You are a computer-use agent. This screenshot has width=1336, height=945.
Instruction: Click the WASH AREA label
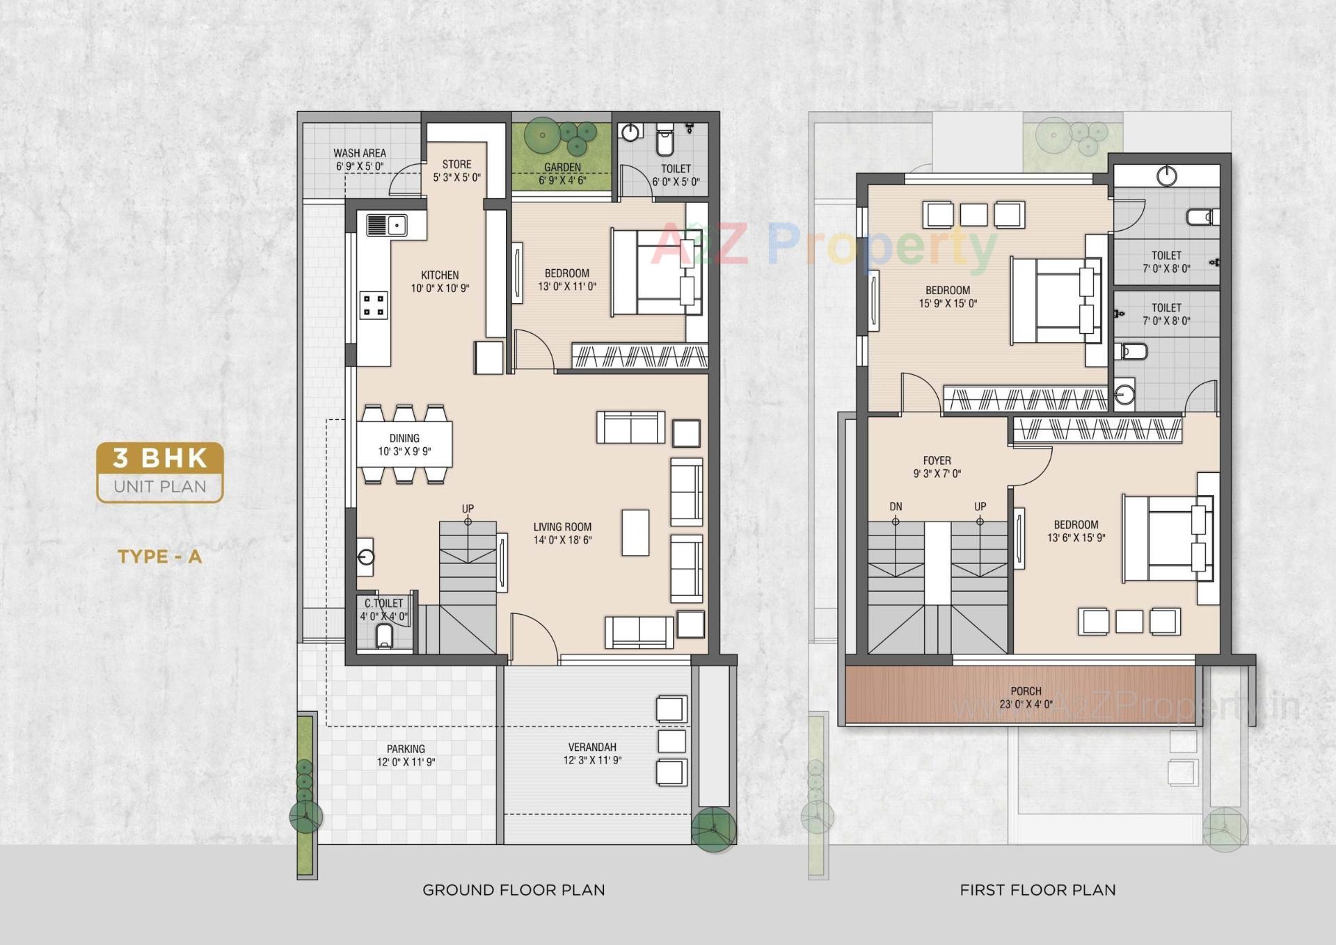359,153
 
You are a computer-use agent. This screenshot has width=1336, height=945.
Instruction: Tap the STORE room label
456,165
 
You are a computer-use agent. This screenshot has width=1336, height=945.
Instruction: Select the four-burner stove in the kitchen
374,306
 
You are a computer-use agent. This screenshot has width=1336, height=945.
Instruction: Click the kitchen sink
387,225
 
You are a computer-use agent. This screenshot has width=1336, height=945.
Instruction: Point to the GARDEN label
562,168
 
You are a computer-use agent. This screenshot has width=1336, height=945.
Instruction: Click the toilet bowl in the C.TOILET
384,636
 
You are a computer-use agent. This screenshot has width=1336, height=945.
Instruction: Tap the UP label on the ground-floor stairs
468,509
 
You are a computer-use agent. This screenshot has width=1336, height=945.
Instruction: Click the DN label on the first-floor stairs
896,507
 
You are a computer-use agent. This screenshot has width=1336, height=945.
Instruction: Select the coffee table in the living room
635,533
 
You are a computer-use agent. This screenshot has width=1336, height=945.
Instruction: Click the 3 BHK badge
160,458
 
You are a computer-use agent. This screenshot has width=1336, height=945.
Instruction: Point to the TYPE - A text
159,556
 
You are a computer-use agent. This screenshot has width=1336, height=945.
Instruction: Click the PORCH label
1026,691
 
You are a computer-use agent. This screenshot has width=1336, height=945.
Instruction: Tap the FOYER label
937,461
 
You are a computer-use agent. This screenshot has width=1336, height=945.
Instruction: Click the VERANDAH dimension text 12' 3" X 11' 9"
592,761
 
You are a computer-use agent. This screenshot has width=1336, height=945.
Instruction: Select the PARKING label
406,749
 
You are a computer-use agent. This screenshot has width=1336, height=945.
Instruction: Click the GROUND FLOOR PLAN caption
514,890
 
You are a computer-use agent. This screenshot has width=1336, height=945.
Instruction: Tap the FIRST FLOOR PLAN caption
1037,890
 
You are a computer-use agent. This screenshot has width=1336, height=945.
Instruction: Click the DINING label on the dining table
404,439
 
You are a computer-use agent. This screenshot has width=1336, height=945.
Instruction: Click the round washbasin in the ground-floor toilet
630,132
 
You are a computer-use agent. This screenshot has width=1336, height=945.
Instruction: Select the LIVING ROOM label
562,527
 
